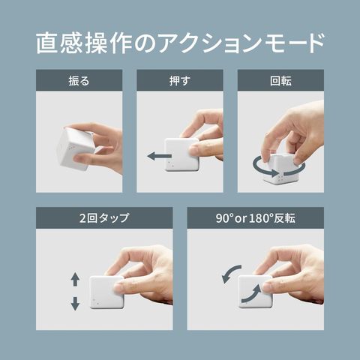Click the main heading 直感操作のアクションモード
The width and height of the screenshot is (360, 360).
click(x=180, y=43)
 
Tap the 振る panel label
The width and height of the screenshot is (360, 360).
click(x=79, y=81)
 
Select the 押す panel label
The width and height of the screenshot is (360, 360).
click(x=180, y=81)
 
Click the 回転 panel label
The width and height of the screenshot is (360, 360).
click(x=280, y=81)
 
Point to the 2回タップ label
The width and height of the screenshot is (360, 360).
click(x=104, y=218)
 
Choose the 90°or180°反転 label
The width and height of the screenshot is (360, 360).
click(x=256, y=218)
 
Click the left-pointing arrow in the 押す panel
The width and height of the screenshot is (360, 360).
click(x=159, y=157)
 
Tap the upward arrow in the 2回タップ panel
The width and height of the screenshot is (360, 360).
click(x=75, y=280)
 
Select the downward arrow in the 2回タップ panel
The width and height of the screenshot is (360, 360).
click(x=75, y=304)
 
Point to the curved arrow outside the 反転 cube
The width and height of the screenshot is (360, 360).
click(x=230, y=274)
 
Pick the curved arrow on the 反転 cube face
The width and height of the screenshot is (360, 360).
click(x=251, y=295)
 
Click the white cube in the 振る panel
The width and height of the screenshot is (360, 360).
click(x=75, y=148)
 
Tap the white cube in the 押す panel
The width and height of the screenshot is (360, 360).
click(x=181, y=154)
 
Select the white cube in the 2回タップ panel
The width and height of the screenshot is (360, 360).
click(x=106, y=292)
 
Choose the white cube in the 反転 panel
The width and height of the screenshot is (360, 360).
click(x=255, y=292)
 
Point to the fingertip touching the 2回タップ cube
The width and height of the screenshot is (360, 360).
click(x=119, y=287)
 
